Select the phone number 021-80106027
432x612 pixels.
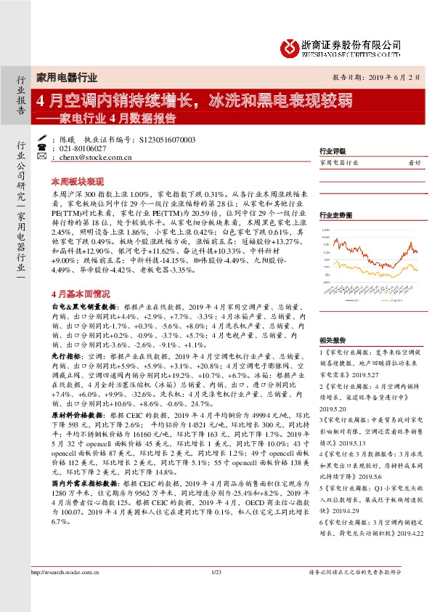point(77,148)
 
